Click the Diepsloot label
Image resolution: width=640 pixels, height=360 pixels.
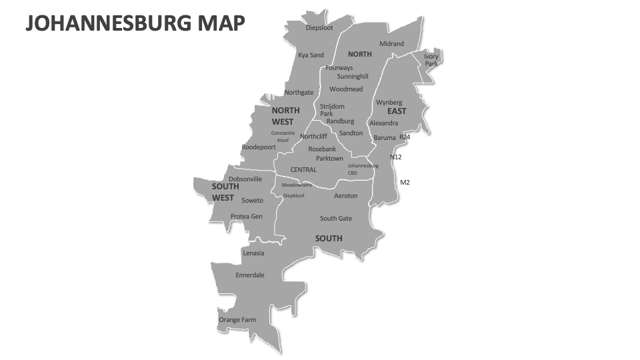[319, 28]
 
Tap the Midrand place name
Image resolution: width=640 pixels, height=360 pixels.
[391, 44]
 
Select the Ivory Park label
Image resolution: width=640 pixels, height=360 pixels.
[431, 60]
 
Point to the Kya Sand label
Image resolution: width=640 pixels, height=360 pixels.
[311, 55]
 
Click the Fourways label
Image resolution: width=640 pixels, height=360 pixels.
[339, 68]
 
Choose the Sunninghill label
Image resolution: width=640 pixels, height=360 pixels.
[352, 77]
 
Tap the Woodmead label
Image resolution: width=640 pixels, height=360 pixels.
[346, 89]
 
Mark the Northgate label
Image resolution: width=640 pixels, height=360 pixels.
[299, 93]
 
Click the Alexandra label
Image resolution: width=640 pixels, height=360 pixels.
[383, 123]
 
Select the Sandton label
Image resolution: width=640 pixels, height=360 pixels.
[351, 133]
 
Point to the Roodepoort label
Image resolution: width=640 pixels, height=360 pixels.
[258, 147]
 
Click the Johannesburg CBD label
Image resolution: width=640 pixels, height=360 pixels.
[363, 169]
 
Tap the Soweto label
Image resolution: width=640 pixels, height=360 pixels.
[252, 201]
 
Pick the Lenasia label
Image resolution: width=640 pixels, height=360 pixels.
[253, 253]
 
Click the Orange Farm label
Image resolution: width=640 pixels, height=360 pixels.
[237, 320]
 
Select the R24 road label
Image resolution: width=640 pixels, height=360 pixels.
[405, 137]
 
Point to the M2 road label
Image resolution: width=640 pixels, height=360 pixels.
[405, 183]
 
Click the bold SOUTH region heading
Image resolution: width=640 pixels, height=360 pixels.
[329, 239]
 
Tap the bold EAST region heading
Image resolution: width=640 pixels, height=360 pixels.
[397, 111]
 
